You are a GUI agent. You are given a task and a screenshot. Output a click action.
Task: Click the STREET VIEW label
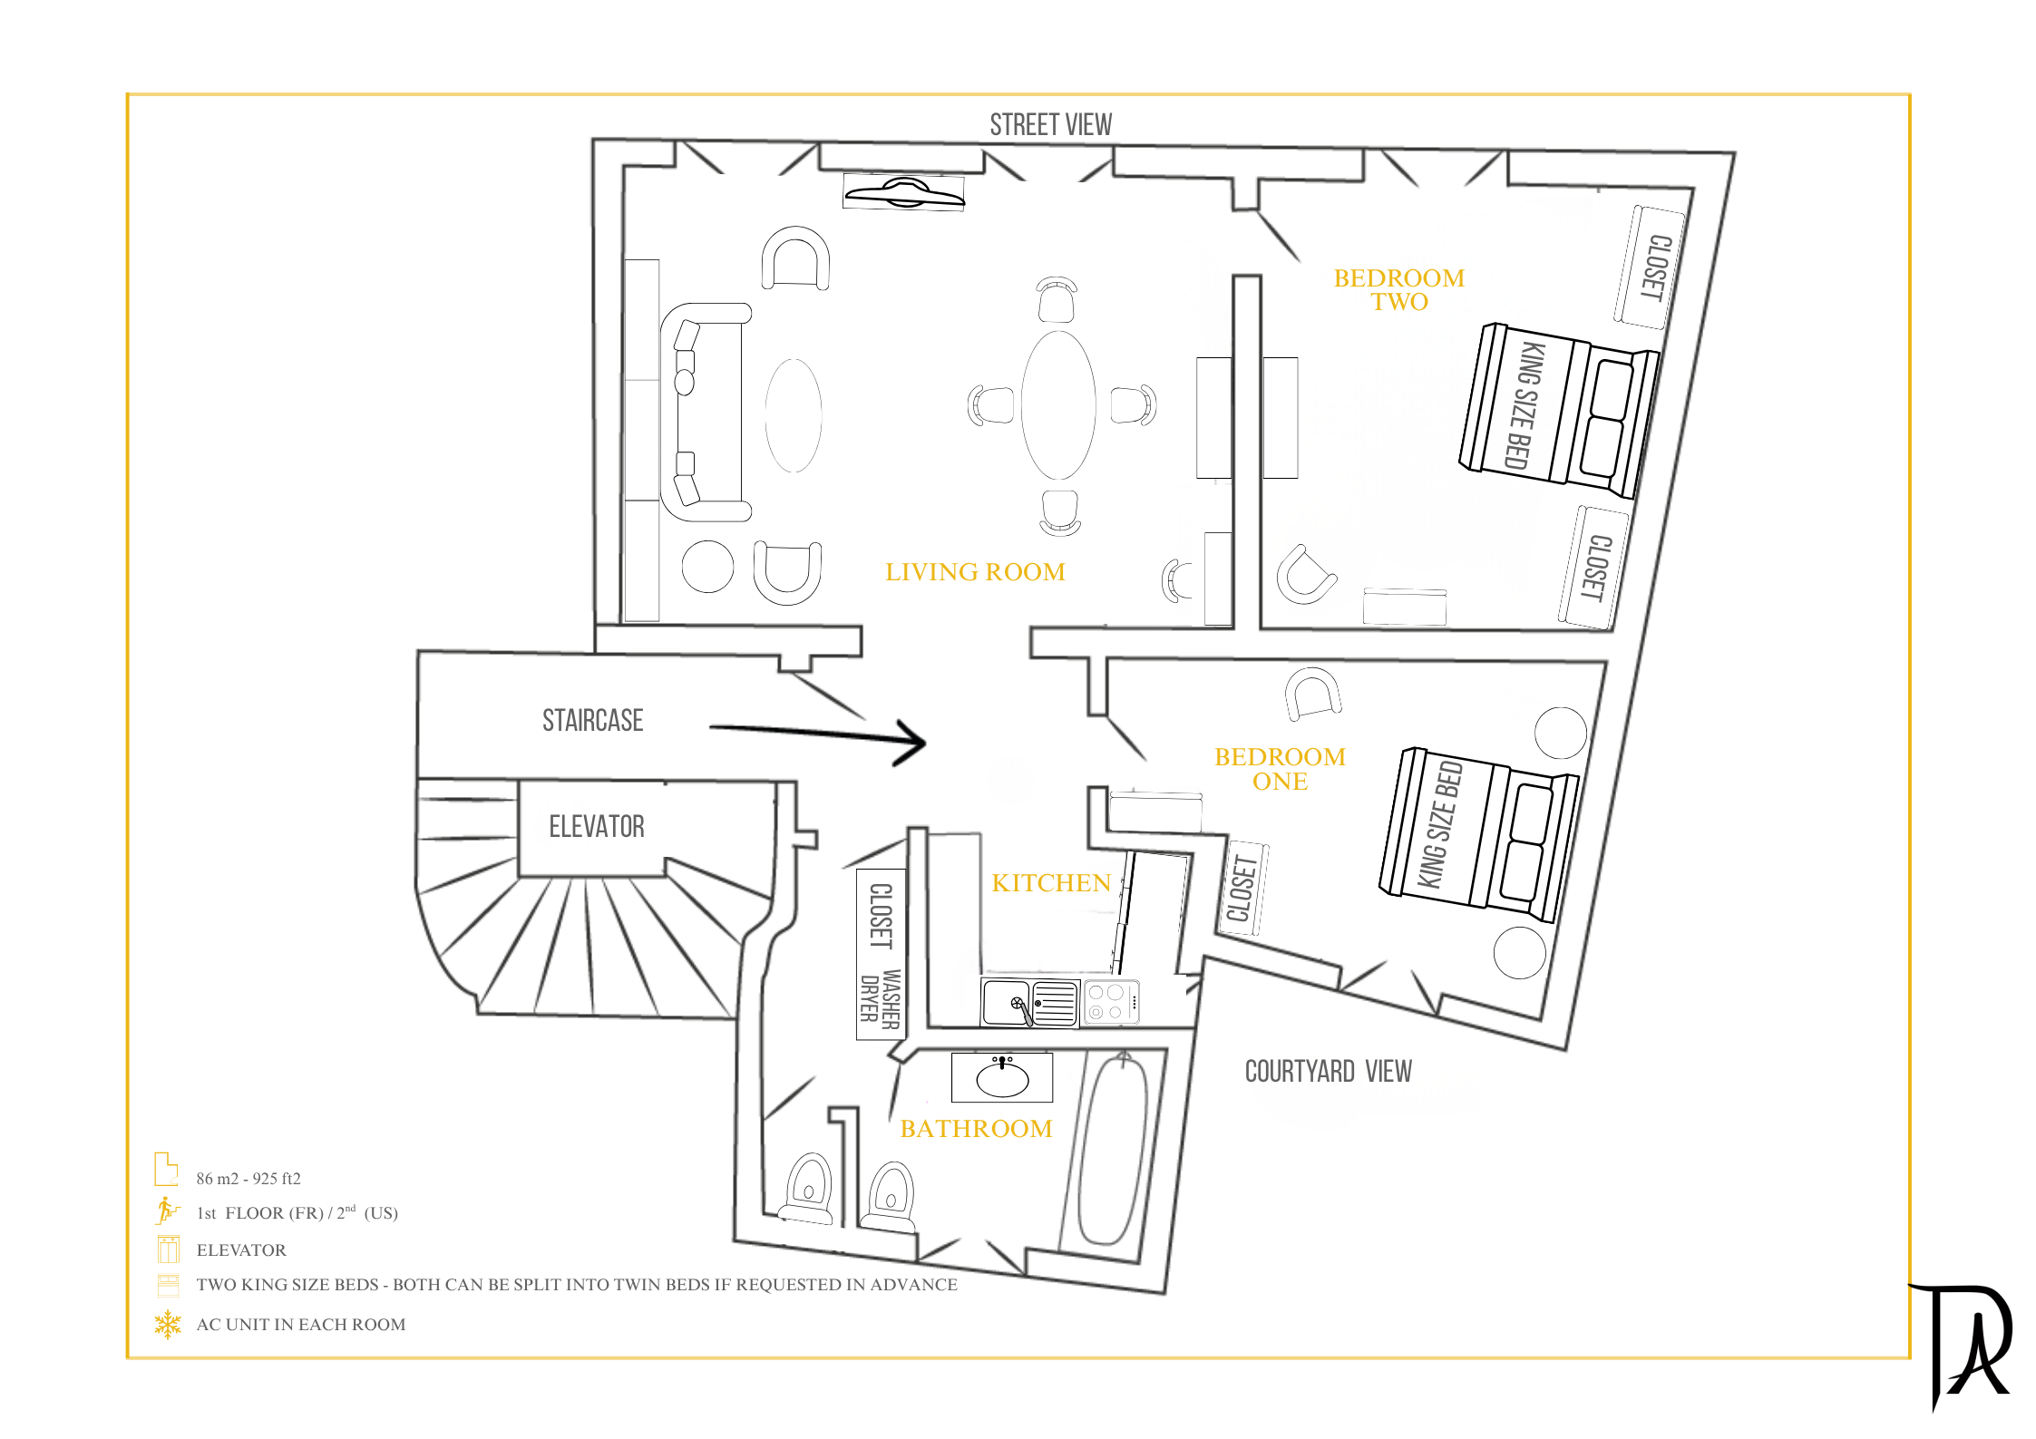[x=1050, y=125]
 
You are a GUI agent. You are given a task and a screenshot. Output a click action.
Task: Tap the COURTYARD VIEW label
[x=1328, y=1072]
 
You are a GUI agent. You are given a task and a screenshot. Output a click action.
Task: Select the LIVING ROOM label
[x=975, y=572]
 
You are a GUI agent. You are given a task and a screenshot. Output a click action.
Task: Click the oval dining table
[x=1058, y=404]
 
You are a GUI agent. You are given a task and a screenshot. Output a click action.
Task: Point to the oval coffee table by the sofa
[x=794, y=415]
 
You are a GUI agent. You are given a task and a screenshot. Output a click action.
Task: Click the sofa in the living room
[x=705, y=412]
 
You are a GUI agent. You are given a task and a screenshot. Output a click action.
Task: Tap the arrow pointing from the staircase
[x=817, y=735]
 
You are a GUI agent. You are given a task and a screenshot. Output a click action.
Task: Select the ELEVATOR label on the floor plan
[x=597, y=826]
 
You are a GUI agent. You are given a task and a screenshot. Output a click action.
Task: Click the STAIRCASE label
[x=593, y=720]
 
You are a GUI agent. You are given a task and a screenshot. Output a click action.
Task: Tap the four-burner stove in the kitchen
[x=1111, y=1003]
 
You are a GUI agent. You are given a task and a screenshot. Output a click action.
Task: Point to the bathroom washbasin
[x=1002, y=1077]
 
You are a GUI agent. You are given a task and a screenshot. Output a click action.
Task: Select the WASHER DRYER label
[x=880, y=1000]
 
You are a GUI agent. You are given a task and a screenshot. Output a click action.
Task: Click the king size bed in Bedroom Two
[x=1558, y=411]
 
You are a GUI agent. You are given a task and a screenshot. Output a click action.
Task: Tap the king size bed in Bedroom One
[x=1478, y=835]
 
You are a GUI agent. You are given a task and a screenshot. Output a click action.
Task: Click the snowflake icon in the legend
[x=168, y=1325]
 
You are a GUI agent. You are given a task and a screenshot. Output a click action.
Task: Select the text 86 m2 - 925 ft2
[x=248, y=1179]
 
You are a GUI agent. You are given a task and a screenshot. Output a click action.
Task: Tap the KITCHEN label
[x=1051, y=883]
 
